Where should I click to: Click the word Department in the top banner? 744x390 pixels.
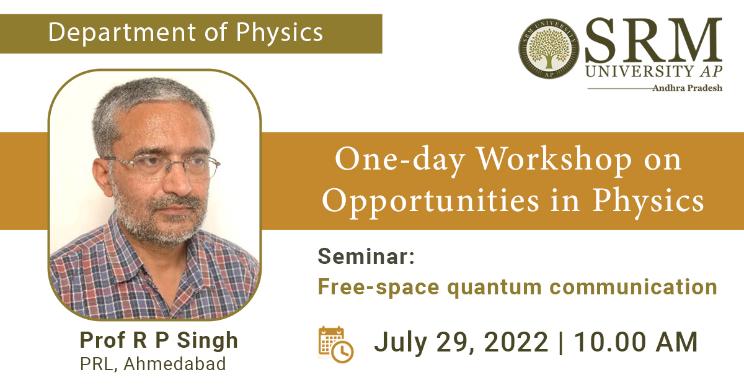click(x=122, y=33)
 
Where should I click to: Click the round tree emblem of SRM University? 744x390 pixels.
click(x=549, y=48)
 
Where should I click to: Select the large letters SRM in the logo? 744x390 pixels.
click(x=653, y=40)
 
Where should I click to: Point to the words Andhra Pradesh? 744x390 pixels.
click(x=687, y=88)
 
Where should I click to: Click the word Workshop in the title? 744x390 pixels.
click(x=554, y=160)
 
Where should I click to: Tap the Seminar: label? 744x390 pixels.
click(x=366, y=256)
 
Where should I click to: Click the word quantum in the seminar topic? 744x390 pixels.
click(x=495, y=288)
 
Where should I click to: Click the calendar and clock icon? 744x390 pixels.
click(x=336, y=345)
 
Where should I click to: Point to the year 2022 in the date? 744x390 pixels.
click(x=516, y=342)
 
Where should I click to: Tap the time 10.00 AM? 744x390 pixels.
click(x=635, y=342)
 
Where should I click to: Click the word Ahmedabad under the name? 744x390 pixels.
click(x=175, y=364)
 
